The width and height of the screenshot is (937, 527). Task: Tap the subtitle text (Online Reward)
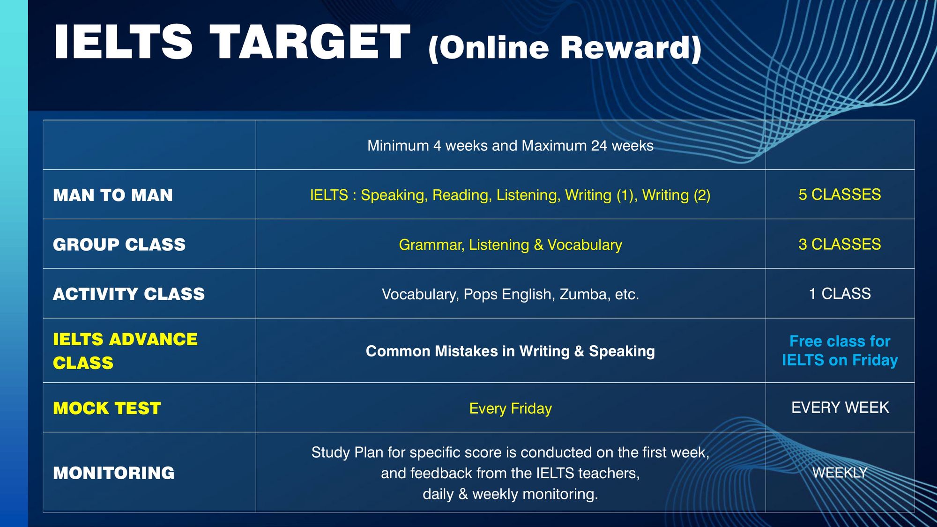click(565, 48)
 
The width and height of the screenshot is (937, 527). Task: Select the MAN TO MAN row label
click(113, 195)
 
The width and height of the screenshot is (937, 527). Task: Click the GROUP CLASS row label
click(119, 245)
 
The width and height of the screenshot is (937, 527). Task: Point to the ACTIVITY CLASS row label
click(129, 294)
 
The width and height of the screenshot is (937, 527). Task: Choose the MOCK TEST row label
click(107, 408)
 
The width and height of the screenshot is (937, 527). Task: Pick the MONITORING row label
click(114, 473)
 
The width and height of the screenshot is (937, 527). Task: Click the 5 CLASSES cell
click(840, 194)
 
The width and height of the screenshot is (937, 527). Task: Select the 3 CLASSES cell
click(840, 244)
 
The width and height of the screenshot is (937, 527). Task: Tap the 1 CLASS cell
click(840, 294)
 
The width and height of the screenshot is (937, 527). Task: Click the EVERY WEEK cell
click(840, 408)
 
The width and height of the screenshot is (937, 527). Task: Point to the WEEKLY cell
click(840, 473)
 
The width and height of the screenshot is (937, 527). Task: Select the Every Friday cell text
click(510, 408)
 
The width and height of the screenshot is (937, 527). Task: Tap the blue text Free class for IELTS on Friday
click(840, 350)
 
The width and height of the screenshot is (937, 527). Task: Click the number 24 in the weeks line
click(599, 146)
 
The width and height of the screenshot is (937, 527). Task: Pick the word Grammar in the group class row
click(431, 245)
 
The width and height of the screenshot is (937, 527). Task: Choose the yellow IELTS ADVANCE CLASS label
click(125, 351)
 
